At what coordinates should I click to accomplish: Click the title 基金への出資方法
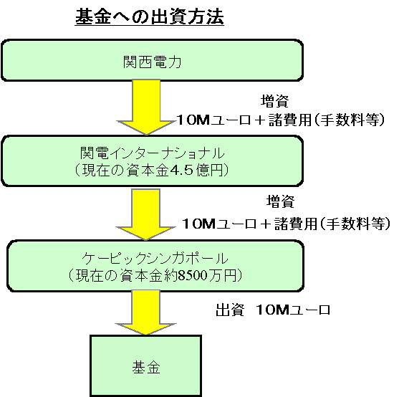pos(150,16)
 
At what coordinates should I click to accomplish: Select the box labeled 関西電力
pos(152,61)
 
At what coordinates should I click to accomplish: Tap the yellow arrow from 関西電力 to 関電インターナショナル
pos(146,107)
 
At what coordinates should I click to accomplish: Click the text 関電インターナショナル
pos(152,153)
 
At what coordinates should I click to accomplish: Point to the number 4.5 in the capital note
pos(181,170)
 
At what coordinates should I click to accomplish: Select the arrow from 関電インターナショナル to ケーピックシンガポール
pos(146,214)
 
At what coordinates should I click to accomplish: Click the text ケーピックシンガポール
pos(155,258)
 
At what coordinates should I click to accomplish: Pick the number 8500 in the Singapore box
pos(193,275)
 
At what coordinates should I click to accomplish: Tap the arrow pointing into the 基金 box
pos(146,312)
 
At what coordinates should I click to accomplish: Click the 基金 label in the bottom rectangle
pos(146,368)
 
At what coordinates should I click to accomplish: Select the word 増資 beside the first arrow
pos(274,101)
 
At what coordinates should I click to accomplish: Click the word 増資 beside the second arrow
pos(280,201)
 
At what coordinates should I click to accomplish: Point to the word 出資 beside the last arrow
pos(230,310)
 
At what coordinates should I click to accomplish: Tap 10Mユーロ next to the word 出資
pos(294,310)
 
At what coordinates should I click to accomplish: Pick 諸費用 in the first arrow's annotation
pos(290,120)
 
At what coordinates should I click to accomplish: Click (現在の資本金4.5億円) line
pos(152,170)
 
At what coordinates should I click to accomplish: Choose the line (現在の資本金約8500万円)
pos(155,275)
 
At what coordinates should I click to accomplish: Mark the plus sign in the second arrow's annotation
pos(265,224)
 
